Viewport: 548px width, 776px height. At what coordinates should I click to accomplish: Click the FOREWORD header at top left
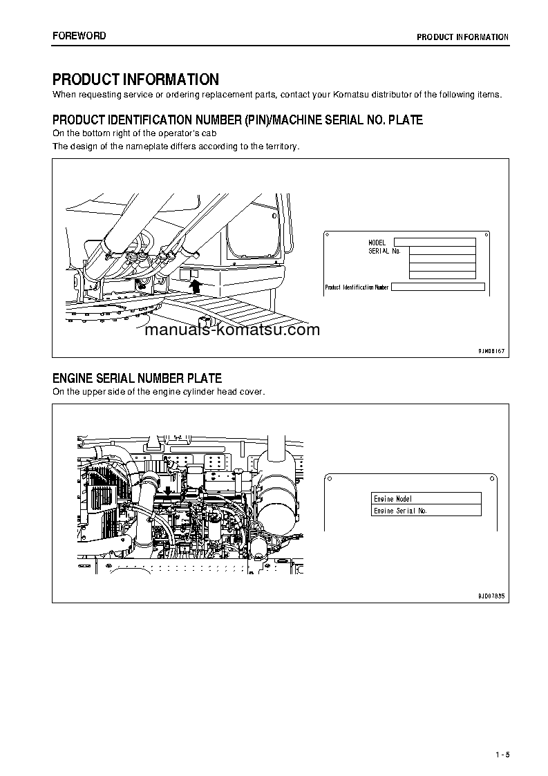pyautogui.click(x=79, y=35)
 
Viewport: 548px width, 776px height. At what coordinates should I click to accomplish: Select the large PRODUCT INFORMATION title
pyautogui.click(x=135, y=79)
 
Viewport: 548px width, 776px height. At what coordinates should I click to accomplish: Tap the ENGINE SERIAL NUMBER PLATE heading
pyautogui.click(x=137, y=378)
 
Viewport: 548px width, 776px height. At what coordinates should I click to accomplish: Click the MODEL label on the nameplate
pyautogui.click(x=377, y=243)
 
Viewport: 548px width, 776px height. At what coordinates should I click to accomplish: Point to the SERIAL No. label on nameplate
pyautogui.click(x=384, y=251)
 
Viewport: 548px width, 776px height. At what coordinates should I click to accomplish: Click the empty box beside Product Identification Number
pyautogui.click(x=437, y=287)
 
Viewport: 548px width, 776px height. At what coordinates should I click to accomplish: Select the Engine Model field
pyautogui.click(x=426, y=498)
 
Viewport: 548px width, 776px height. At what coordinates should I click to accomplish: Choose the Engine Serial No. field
pyautogui.click(x=426, y=511)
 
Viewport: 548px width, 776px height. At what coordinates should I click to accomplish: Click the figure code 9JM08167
pyautogui.click(x=491, y=351)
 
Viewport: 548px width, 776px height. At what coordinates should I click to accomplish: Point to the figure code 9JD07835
pyautogui.click(x=491, y=595)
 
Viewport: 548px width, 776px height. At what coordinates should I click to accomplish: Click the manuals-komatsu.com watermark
pyautogui.click(x=232, y=330)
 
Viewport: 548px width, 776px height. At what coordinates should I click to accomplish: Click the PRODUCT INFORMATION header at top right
pyautogui.click(x=462, y=37)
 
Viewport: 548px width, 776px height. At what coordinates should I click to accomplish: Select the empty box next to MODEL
pyautogui.click(x=434, y=242)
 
